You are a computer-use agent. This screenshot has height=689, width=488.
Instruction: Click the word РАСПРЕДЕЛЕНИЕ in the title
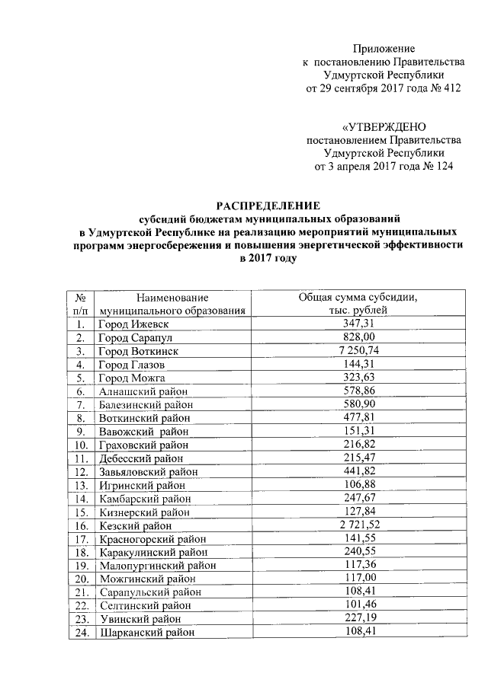click(268, 205)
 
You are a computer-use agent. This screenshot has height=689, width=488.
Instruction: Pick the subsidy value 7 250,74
click(358, 350)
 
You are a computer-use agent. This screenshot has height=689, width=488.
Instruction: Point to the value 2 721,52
click(358, 525)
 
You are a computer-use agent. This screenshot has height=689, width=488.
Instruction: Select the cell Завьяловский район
click(149, 471)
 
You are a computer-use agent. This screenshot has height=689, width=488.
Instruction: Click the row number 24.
click(79, 632)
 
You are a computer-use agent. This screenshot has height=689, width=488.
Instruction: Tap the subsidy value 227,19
click(358, 618)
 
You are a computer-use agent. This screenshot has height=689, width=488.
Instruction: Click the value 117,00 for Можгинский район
click(358, 579)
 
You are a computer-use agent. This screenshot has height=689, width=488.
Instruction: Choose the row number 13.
click(79, 485)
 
